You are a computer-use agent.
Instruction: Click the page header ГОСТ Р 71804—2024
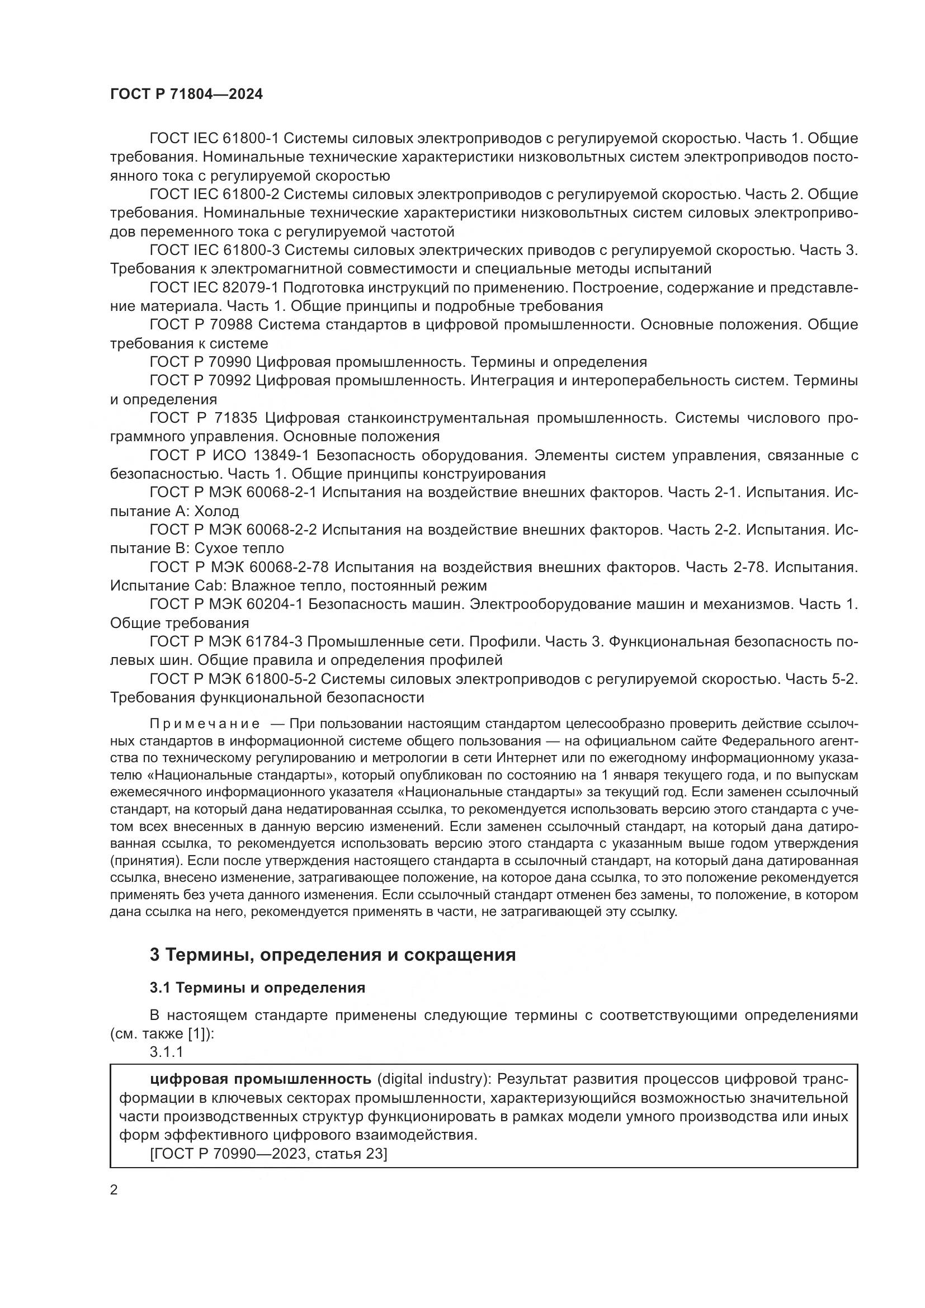click(x=186, y=95)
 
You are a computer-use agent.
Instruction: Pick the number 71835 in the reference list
click(x=234, y=418)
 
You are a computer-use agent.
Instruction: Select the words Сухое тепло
click(x=239, y=548)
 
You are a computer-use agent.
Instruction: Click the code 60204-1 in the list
click(x=273, y=605)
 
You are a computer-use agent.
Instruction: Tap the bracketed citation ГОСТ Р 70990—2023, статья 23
click(x=268, y=1154)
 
